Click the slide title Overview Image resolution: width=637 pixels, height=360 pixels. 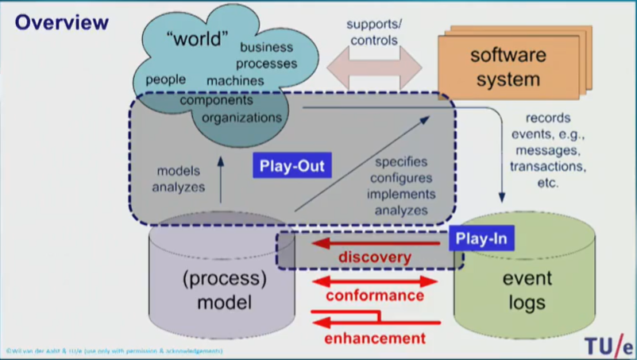(x=61, y=22)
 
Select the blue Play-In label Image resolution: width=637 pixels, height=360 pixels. (x=481, y=238)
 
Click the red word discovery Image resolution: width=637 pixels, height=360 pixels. (x=375, y=257)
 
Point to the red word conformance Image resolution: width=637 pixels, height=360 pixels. (x=375, y=296)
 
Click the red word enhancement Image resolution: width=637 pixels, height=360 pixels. (x=375, y=338)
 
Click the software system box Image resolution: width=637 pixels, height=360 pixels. (x=508, y=68)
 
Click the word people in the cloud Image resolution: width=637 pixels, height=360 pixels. (x=166, y=79)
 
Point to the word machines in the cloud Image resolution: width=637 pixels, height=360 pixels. (x=235, y=80)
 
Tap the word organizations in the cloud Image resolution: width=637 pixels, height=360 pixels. (x=241, y=118)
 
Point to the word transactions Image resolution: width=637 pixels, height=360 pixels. (x=548, y=166)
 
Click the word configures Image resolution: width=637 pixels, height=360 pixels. (x=400, y=179)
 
